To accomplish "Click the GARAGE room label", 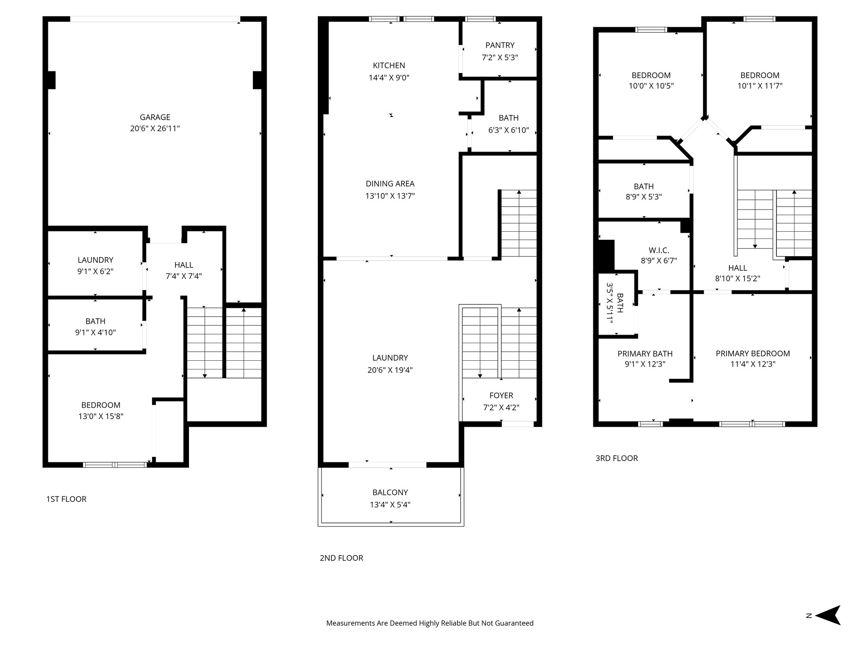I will [155, 117].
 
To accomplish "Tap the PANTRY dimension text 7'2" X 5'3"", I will [500, 58].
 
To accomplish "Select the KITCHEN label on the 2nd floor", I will [389, 66].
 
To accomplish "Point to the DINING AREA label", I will [390, 184].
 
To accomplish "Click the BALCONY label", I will [390, 492].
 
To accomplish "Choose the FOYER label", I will [501, 396].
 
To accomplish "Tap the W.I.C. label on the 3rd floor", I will [658, 250].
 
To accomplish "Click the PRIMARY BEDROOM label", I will [752, 354].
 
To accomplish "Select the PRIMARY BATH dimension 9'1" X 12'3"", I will [645, 364].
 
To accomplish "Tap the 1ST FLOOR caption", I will [66, 499].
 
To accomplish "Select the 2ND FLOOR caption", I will [341, 558].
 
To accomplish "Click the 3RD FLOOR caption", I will [616, 458].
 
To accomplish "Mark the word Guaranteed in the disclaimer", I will [514, 623].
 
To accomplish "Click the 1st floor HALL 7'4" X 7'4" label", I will [184, 270].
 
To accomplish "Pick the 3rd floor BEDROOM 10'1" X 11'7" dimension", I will [760, 86].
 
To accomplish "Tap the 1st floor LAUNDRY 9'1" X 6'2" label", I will [95, 265].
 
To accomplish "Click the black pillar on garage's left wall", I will [51, 80].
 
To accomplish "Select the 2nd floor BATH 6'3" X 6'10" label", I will [508, 124].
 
